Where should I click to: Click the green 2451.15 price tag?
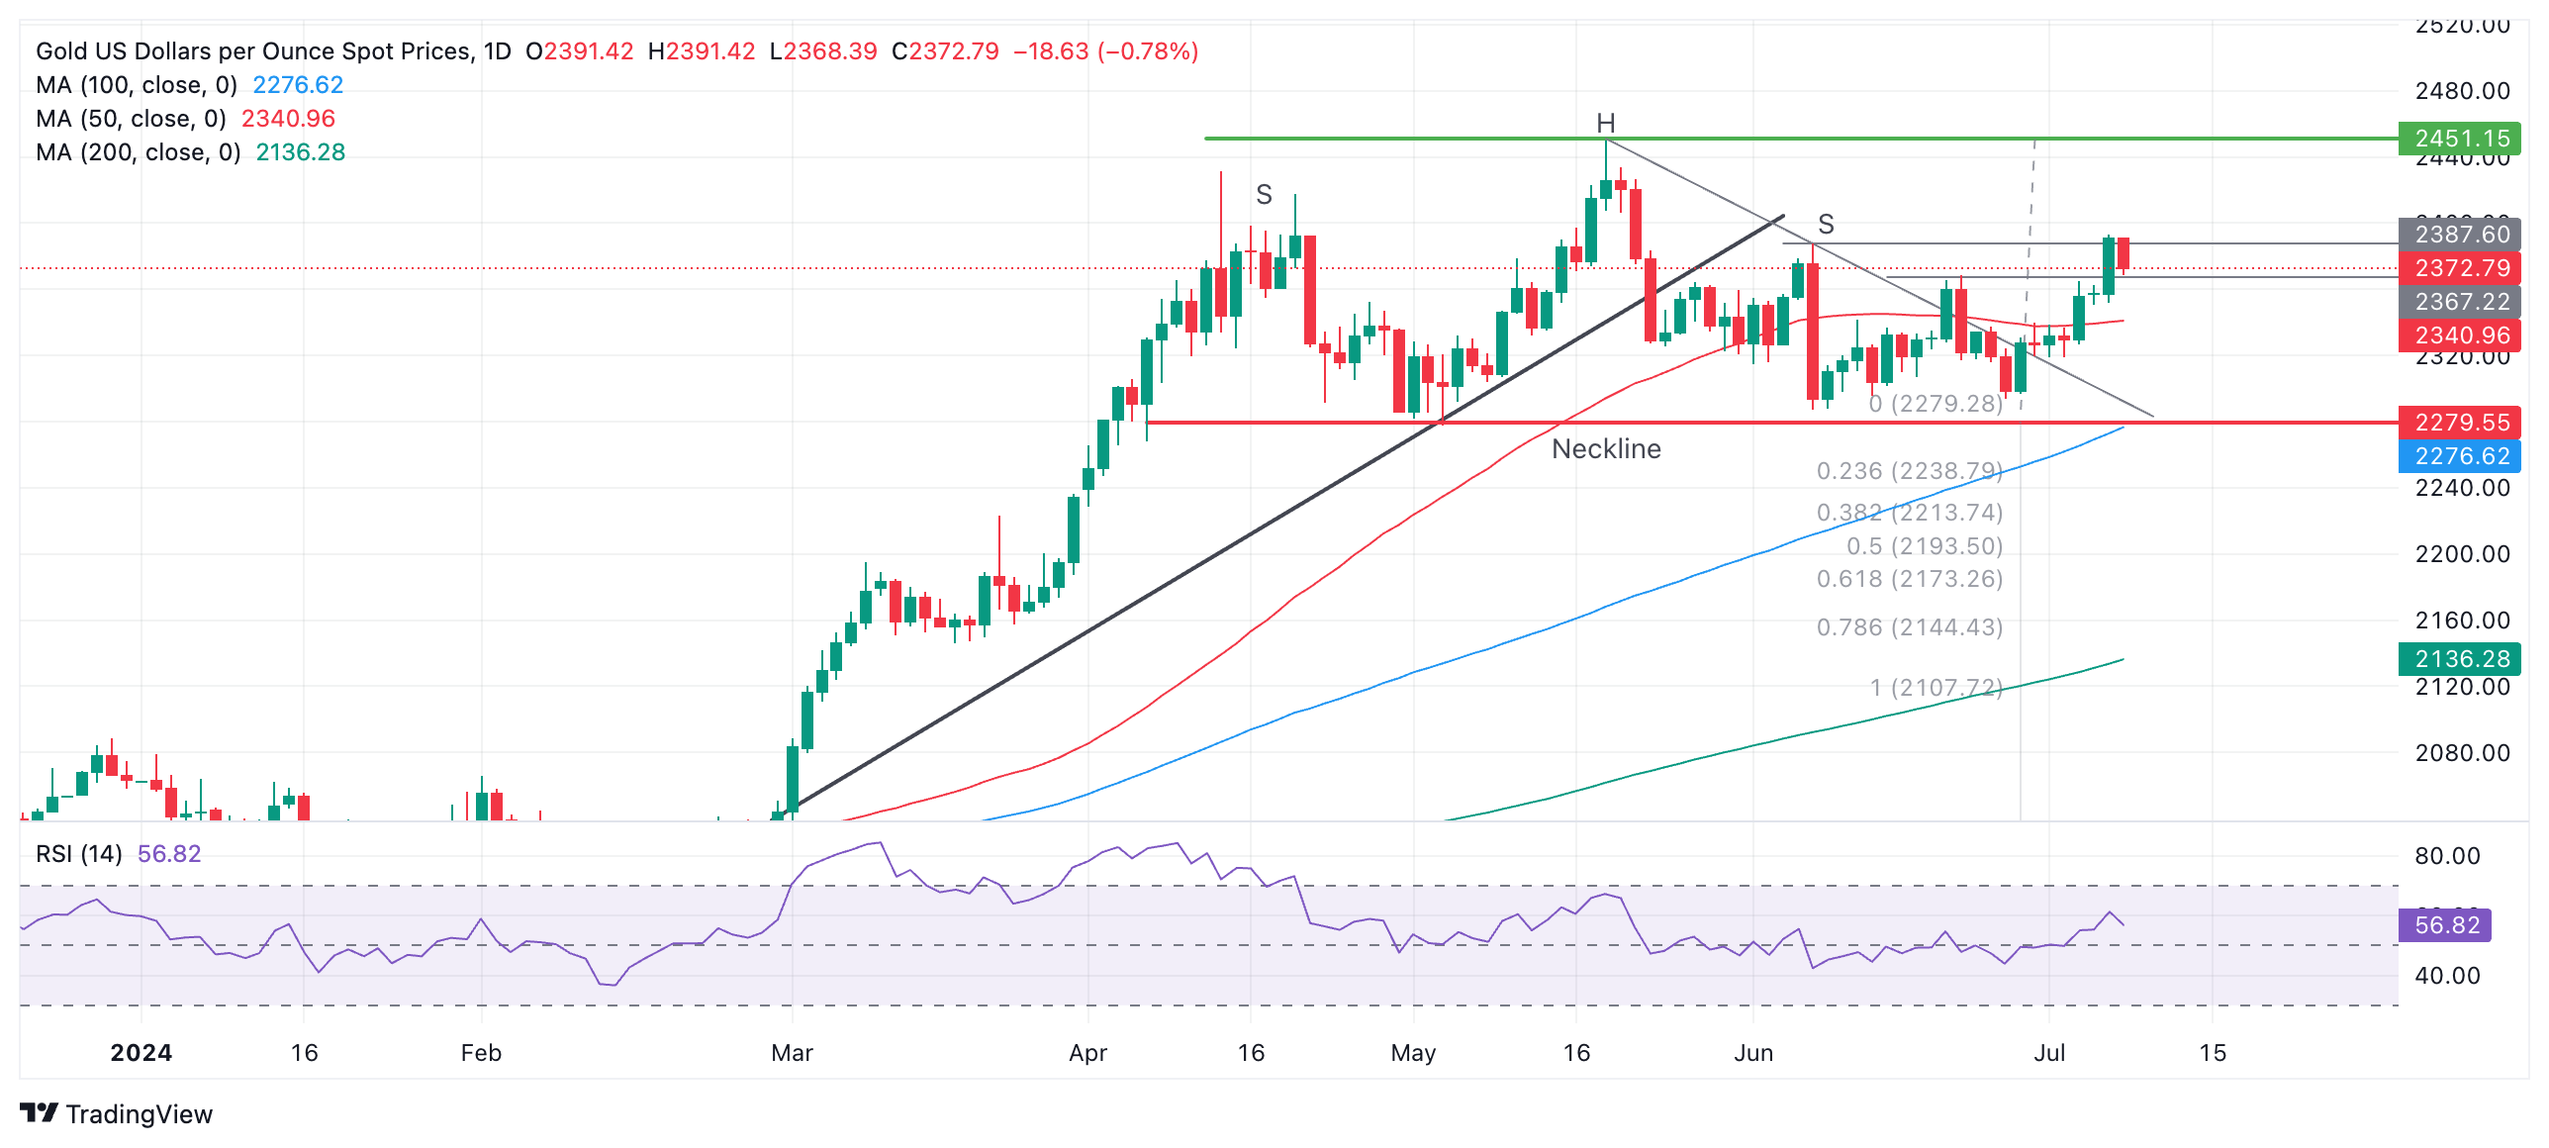coord(2460,139)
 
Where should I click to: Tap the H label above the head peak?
coord(1605,124)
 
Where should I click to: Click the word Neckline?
coord(1606,449)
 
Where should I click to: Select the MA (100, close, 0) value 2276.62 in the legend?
coord(298,85)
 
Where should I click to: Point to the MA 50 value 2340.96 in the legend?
coord(288,119)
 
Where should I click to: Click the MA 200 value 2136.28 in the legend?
coord(300,152)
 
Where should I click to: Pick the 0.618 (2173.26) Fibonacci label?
coord(1909,579)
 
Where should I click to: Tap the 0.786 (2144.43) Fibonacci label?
coord(1909,627)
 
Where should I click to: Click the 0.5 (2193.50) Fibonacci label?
coord(1924,546)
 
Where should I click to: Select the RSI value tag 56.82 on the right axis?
coord(2446,925)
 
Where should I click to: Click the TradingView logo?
coord(116,1114)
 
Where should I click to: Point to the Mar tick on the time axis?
coord(792,1053)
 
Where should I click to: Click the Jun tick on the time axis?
coord(1752,1053)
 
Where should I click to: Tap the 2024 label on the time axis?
coord(141,1053)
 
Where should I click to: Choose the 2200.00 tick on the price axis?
coord(2462,554)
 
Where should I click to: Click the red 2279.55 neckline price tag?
coord(2460,423)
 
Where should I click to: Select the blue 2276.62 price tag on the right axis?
coord(2460,456)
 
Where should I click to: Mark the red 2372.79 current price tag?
coord(2460,268)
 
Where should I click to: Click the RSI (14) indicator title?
coord(79,854)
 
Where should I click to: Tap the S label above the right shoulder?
coord(1826,225)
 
